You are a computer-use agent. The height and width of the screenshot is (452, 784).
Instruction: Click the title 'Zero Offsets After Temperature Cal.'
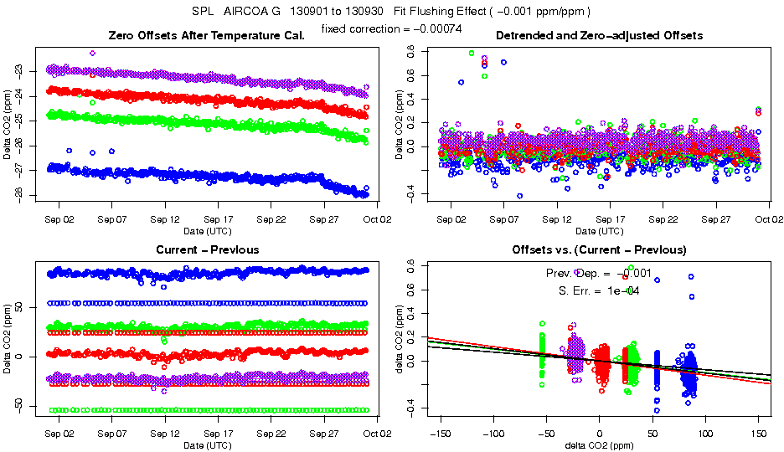(x=207, y=35)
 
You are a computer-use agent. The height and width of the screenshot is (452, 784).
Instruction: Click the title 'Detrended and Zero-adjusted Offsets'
(x=599, y=35)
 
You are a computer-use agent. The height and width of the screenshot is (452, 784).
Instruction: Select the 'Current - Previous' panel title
(x=207, y=249)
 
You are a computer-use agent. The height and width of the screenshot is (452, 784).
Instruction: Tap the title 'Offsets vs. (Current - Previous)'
(x=599, y=249)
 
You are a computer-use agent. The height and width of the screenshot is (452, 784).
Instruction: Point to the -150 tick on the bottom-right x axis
(x=440, y=434)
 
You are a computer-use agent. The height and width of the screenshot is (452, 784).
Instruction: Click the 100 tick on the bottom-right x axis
(x=706, y=434)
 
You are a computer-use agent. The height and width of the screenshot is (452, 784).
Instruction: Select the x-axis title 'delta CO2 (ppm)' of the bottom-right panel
(x=599, y=446)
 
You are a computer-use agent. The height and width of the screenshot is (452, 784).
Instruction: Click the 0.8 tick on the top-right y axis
(x=410, y=51)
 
